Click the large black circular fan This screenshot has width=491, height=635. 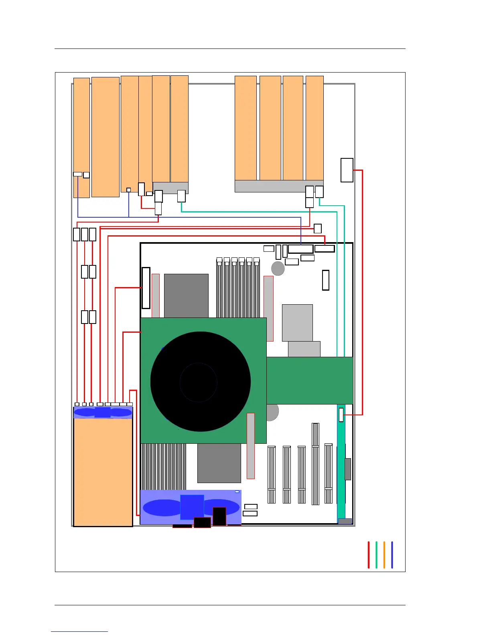click(x=200, y=381)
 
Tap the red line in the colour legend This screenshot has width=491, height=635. click(x=368, y=555)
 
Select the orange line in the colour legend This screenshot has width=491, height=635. click(x=384, y=555)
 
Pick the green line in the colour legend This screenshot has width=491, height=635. click(x=376, y=555)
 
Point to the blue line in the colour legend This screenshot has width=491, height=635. click(x=392, y=555)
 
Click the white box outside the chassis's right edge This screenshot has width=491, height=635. click(x=347, y=170)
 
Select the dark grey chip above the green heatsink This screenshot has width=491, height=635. click(x=186, y=295)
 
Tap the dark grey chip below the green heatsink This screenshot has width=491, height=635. click(x=219, y=463)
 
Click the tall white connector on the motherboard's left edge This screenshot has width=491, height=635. click(x=146, y=288)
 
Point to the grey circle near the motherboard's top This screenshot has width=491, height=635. click(x=278, y=268)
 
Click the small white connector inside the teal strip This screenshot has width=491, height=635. click(x=341, y=415)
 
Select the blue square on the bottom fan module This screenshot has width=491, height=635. click(x=192, y=507)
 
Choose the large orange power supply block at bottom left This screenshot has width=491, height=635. click(x=103, y=472)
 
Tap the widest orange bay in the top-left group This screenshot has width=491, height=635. click(x=106, y=137)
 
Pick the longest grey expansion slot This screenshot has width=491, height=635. click(x=315, y=464)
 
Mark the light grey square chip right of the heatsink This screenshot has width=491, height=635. click(x=297, y=323)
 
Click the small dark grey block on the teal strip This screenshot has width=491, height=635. click(x=348, y=469)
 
